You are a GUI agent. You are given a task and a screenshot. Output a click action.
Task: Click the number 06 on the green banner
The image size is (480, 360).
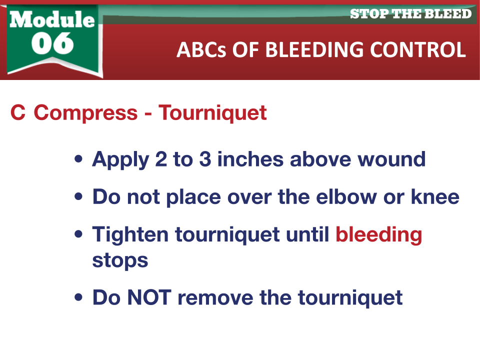click(x=52, y=43)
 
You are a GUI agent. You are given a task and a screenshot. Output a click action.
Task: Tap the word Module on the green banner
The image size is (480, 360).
click(x=52, y=19)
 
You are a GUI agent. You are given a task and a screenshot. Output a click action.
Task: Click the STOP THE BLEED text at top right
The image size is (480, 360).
click(x=411, y=14)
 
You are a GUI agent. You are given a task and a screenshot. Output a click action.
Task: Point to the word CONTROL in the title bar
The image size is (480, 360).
click(x=418, y=49)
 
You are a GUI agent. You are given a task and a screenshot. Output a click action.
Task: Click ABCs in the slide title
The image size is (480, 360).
click(x=201, y=49)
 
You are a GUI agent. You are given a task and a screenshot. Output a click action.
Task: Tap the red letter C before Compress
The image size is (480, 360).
click(x=18, y=112)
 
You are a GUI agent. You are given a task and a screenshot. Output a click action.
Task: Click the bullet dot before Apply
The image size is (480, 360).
click(x=78, y=159)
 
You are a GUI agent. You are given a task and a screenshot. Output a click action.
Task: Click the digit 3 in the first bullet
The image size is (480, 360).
click(x=205, y=159)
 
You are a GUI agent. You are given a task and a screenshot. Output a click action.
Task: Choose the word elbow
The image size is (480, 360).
click(x=346, y=196)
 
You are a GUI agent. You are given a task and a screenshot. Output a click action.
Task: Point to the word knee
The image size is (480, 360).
click(x=435, y=196)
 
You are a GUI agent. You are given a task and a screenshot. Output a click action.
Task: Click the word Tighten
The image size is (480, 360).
click(x=130, y=235)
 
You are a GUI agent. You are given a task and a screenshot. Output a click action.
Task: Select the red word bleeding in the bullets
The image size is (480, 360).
click(x=379, y=235)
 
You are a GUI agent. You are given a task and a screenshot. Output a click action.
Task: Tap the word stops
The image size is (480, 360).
click(x=120, y=261)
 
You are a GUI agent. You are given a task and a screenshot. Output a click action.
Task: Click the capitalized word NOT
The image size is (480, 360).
click(x=149, y=297)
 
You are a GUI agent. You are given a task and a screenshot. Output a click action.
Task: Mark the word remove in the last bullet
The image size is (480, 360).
click(x=215, y=297)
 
